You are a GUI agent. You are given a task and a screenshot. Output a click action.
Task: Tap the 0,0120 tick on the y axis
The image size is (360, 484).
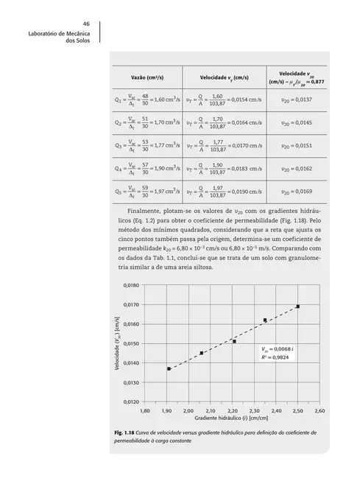[x=130, y=402]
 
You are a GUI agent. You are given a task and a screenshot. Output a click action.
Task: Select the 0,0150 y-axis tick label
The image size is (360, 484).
[x=130, y=343]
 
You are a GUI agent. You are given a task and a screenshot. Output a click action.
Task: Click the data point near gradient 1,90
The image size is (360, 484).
[x=169, y=368]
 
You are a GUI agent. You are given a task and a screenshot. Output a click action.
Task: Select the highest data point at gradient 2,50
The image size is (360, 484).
[x=297, y=306]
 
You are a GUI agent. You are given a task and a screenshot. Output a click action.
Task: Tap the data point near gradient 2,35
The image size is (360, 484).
[x=265, y=320]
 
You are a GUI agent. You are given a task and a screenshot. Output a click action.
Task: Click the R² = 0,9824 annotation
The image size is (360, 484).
[x=277, y=357]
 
